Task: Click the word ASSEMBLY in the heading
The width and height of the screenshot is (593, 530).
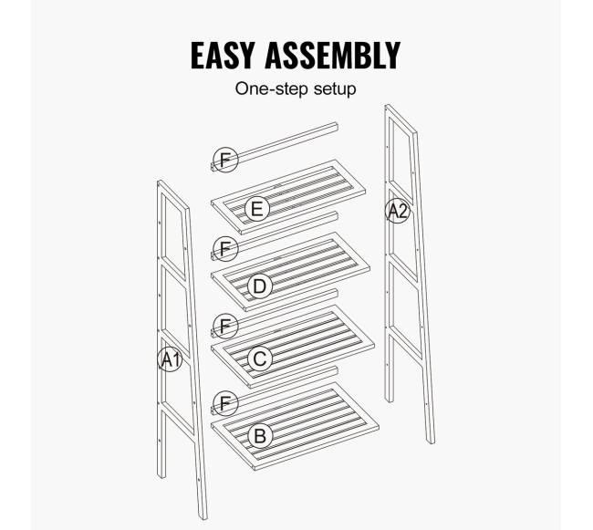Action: coord(332,56)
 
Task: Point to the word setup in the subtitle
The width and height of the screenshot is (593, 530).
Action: coord(335,89)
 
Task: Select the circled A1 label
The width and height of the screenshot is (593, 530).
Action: coord(170,359)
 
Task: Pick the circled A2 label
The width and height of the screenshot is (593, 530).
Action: coord(398,211)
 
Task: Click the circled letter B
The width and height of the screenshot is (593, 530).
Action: coord(260,436)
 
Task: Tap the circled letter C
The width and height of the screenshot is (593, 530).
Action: coord(260,359)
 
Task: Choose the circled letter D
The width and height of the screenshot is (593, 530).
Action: coord(260,286)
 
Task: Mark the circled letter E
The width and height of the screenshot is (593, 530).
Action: coord(257,209)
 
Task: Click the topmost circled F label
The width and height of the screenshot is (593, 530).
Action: coord(225,160)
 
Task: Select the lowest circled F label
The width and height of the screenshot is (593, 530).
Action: coord(225,403)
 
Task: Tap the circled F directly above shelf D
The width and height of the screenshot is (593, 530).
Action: coord(225,249)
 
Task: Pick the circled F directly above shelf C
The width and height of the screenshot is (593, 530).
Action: coord(225,326)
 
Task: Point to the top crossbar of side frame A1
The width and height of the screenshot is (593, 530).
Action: coord(173,194)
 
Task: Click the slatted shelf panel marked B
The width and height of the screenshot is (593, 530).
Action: coord(295,426)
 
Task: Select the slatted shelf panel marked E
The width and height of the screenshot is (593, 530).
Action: coord(288,196)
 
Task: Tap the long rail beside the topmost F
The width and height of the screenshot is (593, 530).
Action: coord(275,147)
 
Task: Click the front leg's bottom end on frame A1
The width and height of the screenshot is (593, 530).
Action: coord(203,516)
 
